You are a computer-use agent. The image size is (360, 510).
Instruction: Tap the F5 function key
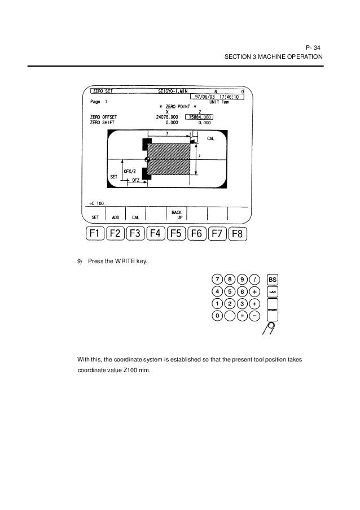(177, 234)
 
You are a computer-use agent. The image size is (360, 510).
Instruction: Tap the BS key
(273, 279)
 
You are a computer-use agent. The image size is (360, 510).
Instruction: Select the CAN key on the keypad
(273, 291)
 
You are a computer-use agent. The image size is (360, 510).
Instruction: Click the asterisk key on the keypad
(255, 291)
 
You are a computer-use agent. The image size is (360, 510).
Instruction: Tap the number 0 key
(217, 316)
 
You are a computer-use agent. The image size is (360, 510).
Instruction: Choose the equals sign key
(242, 316)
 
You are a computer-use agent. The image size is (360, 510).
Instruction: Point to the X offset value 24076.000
(168, 117)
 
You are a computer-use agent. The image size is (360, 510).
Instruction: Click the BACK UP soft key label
(176, 215)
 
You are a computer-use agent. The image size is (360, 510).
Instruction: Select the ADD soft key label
(115, 217)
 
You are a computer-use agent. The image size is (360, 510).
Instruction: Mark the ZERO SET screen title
(102, 91)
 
